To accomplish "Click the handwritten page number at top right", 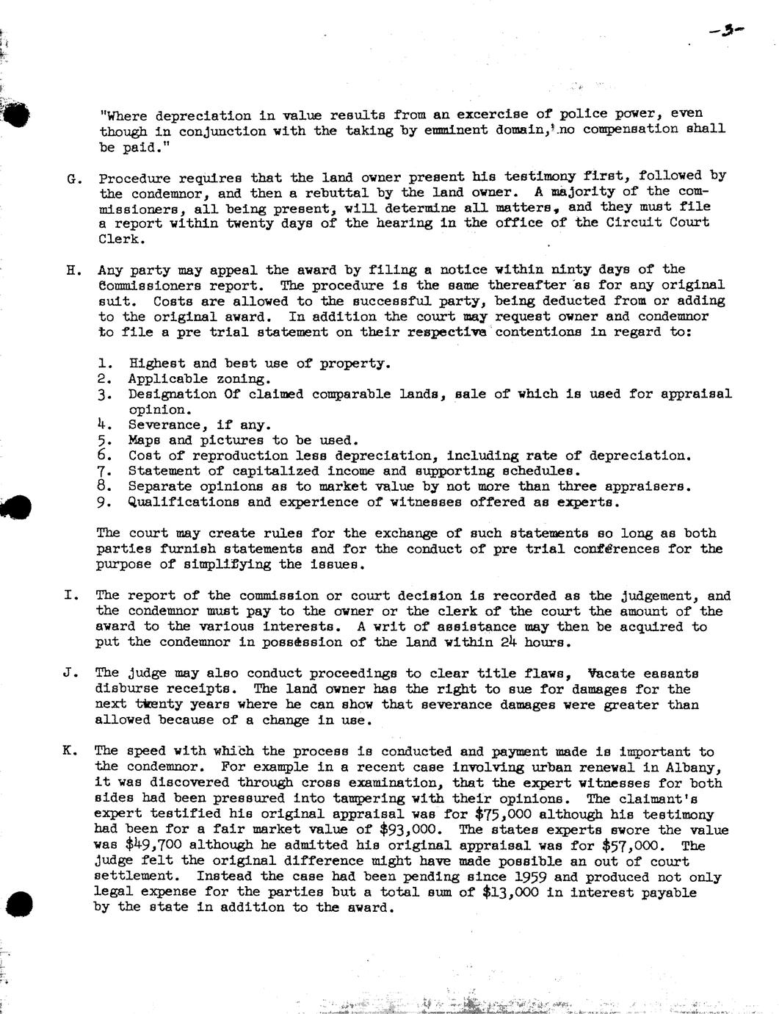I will (727, 31).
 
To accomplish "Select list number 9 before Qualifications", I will (104, 503).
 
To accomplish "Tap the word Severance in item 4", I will (159, 425).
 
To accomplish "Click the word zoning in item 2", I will (244, 379).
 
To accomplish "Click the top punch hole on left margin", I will (16, 114).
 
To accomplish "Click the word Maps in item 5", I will (144, 440).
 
